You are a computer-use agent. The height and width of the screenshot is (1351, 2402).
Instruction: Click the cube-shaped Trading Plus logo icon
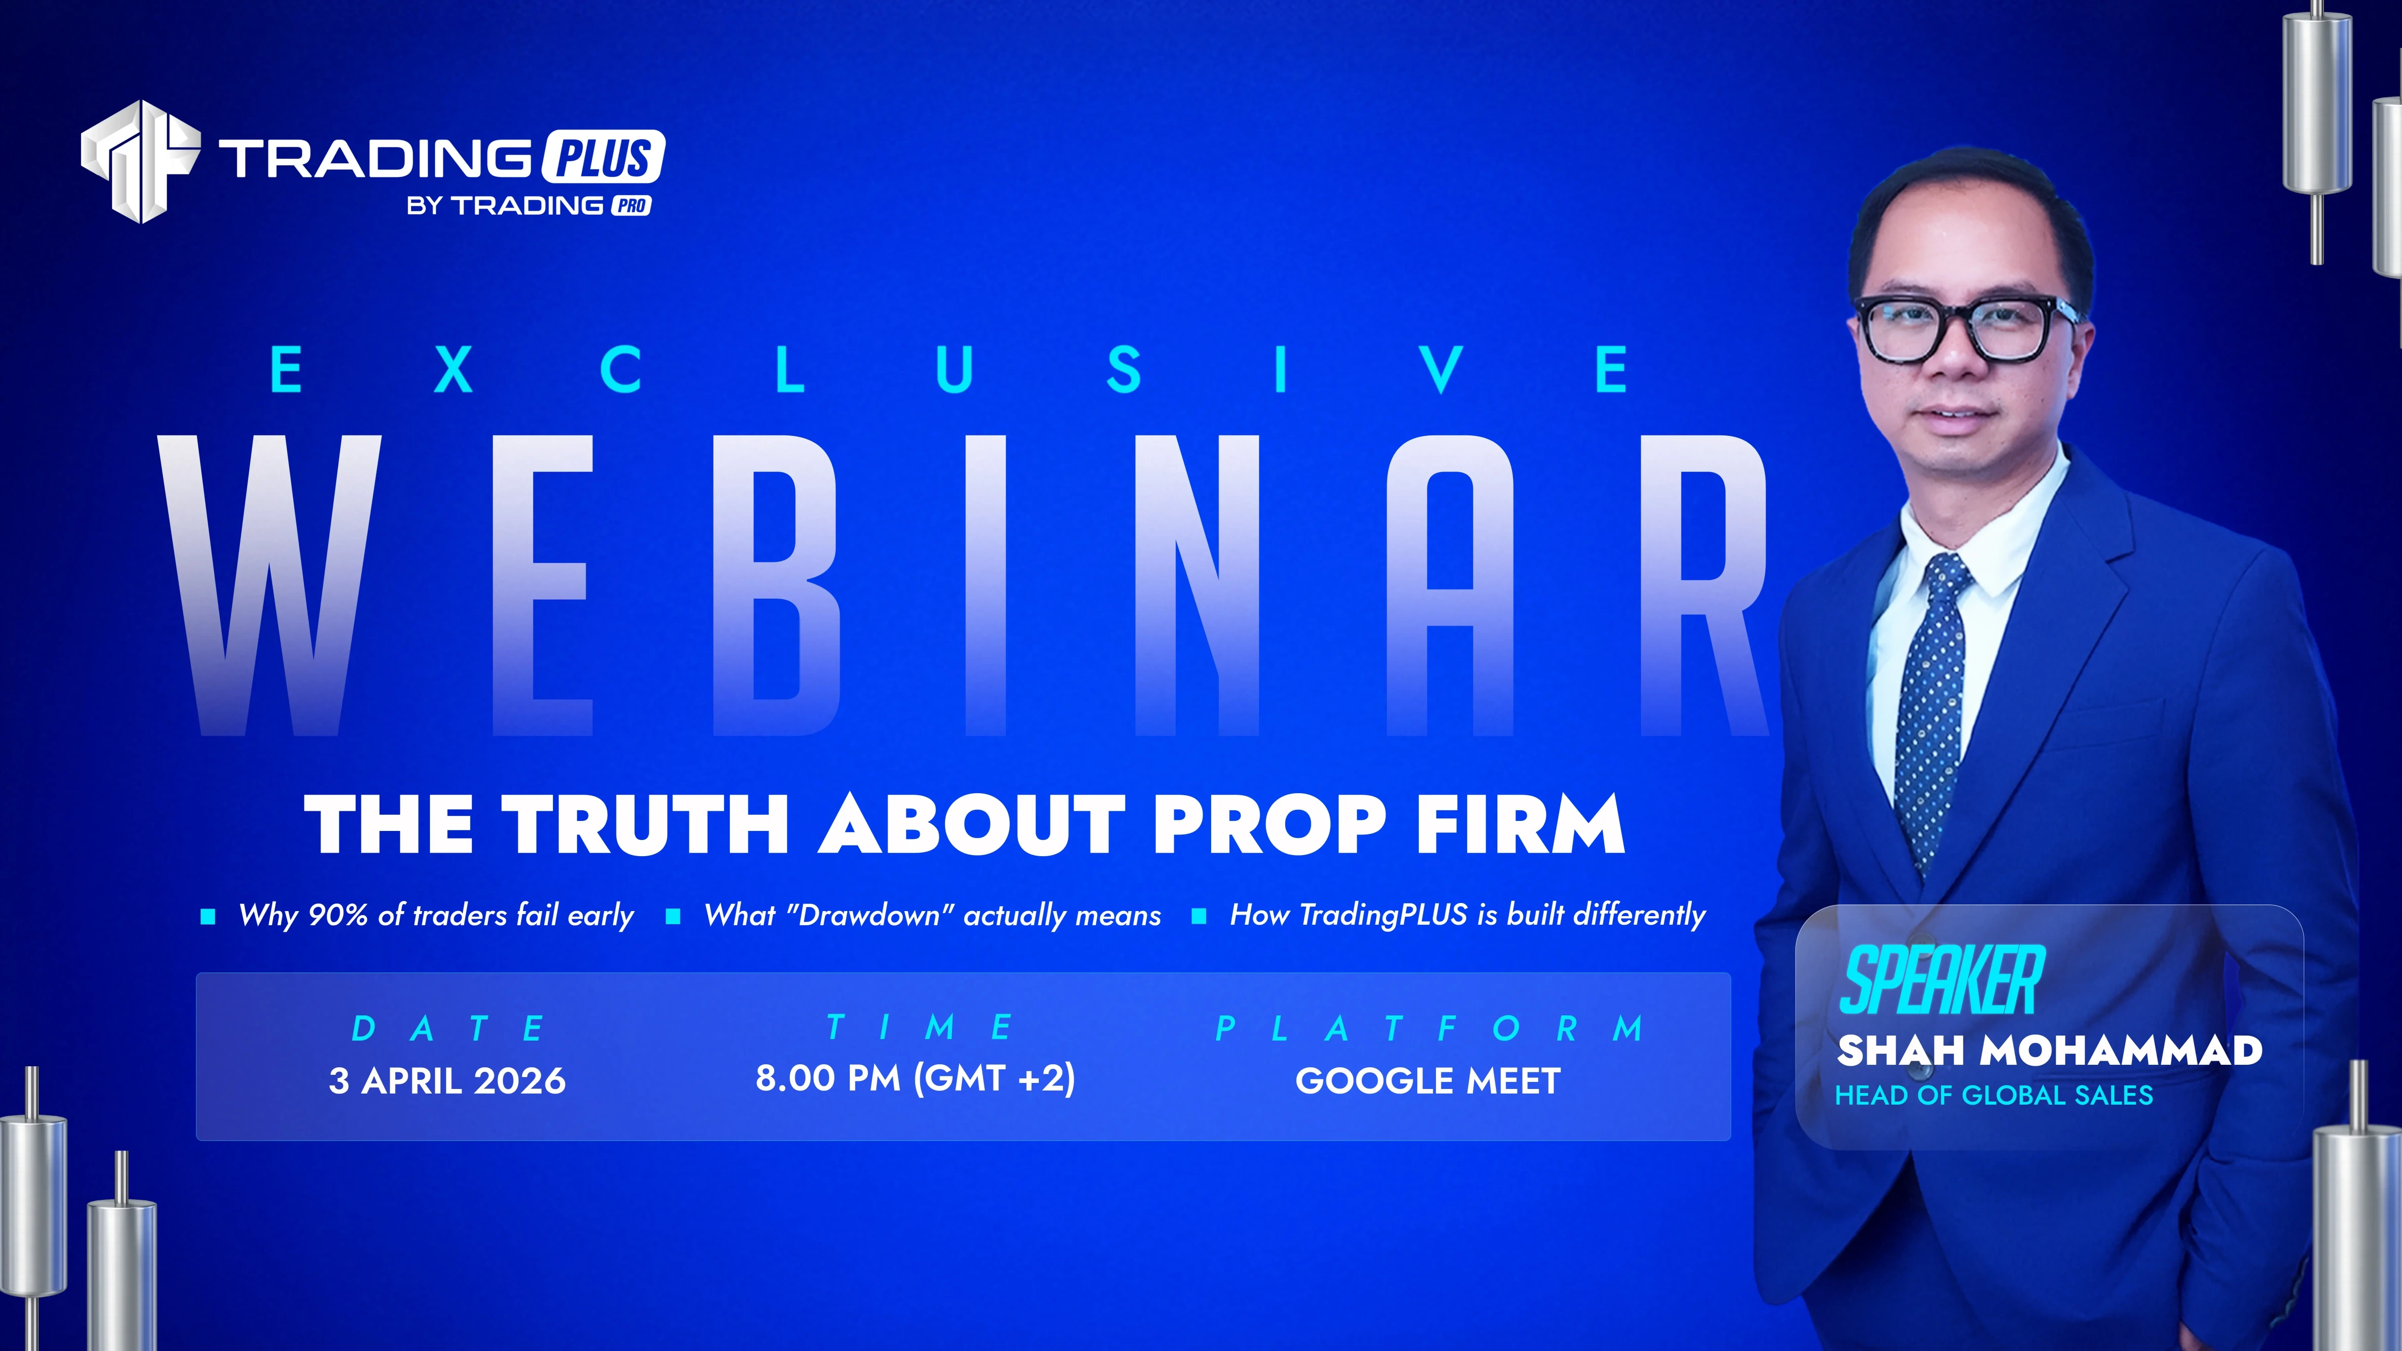pyautogui.click(x=140, y=161)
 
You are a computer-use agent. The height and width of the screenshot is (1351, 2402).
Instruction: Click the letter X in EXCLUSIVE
pyautogui.click(x=454, y=369)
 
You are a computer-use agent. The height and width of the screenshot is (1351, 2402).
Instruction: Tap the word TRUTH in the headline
pyautogui.click(x=645, y=824)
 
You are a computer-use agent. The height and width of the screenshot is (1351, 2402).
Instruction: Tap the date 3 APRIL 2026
pyautogui.click(x=448, y=1080)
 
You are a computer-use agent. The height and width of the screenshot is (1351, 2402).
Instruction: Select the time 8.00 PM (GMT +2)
pyautogui.click(x=915, y=1078)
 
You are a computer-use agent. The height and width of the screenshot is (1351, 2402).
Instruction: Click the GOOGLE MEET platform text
pyautogui.click(x=1428, y=1080)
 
